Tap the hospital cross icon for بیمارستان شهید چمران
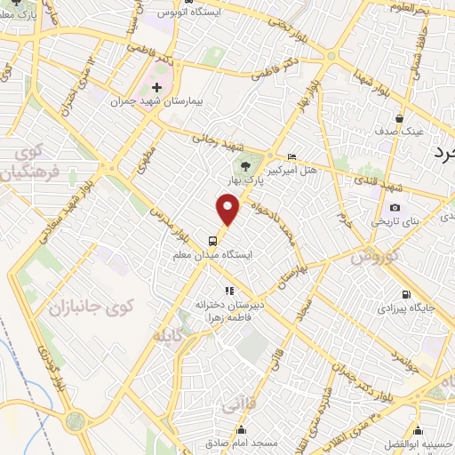click(x=157, y=87)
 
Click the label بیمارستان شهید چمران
click(x=157, y=102)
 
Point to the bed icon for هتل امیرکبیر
click(x=293, y=156)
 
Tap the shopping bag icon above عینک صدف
click(x=400, y=117)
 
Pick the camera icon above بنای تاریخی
click(x=395, y=207)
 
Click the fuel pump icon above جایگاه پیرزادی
click(x=405, y=294)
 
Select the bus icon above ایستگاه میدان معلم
click(x=212, y=239)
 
